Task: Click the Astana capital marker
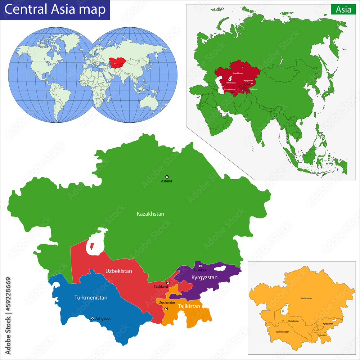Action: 167,177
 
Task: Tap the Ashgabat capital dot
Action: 93,318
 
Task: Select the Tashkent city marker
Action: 168,283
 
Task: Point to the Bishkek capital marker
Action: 201,266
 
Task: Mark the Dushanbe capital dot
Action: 166,309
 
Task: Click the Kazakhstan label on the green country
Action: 150,214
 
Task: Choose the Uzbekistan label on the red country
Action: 118,271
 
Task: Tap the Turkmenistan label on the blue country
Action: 91,298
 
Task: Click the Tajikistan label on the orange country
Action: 189,306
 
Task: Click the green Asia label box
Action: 343,10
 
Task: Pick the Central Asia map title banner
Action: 55,9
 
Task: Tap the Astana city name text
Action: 167,181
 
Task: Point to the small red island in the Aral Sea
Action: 91,247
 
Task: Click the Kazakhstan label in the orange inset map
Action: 306,298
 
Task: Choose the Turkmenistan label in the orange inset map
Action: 283,332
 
